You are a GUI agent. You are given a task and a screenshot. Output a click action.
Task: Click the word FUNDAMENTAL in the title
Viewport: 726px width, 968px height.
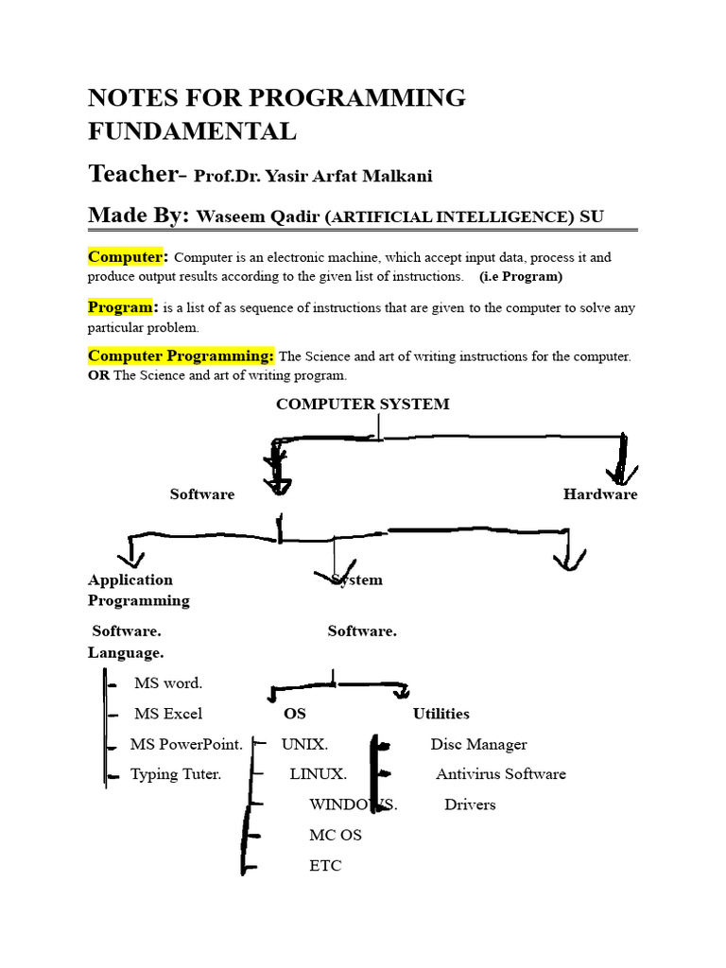click(192, 131)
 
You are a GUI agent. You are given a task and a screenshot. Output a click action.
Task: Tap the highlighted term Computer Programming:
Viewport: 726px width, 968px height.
click(181, 355)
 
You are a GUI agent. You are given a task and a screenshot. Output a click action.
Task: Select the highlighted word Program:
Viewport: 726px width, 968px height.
click(122, 307)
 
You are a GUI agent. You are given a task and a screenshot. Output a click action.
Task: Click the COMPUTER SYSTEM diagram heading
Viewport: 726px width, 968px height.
click(362, 404)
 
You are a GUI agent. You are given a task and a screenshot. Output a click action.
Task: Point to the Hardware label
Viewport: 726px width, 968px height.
click(600, 494)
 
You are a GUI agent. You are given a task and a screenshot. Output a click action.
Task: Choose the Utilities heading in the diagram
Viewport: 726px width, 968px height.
click(441, 714)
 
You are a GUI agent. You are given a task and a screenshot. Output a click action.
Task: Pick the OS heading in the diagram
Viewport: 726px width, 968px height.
click(295, 714)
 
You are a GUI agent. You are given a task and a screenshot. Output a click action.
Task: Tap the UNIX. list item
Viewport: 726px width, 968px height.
click(304, 744)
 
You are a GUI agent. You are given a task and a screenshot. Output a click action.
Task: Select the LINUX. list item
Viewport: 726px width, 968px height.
click(318, 774)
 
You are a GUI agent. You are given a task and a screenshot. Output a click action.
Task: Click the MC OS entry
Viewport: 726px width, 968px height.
click(335, 835)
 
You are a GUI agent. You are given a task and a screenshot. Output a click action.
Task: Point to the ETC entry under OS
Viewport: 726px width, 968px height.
click(325, 865)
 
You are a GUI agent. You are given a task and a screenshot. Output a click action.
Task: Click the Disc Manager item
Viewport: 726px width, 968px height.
click(478, 744)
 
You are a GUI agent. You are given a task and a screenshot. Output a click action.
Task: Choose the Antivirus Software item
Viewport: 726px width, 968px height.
click(500, 774)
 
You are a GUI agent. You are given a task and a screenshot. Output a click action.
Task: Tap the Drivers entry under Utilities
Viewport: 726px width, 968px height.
click(470, 804)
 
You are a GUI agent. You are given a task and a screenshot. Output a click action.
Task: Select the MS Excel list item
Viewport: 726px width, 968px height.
click(168, 714)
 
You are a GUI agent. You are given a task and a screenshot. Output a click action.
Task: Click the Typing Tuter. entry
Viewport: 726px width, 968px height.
click(176, 774)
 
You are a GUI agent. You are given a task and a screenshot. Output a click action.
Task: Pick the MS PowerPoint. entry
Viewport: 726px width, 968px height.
click(186, 744)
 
